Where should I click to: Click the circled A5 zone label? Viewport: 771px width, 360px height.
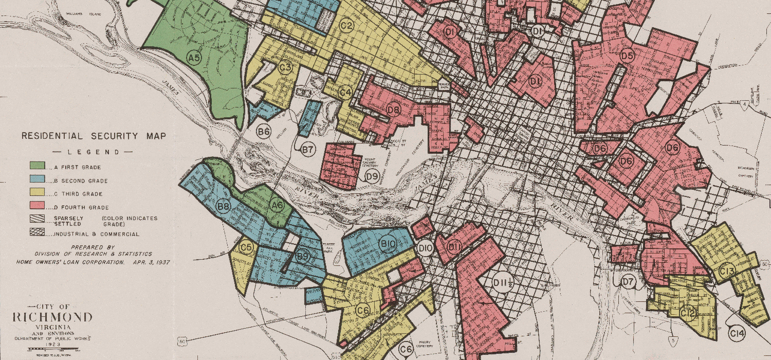(x=194, y=58)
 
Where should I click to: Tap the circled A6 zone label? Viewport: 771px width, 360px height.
(x=277, y=206)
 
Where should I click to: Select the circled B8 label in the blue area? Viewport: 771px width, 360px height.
(x=223, y=207)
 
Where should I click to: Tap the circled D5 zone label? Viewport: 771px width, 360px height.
(x=627, y=56)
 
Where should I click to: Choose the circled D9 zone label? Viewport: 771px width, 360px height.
(x=372, y=177)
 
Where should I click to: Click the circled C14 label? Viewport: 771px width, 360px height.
(x=737, y=334)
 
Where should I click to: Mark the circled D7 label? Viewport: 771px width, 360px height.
(x=628, y=281)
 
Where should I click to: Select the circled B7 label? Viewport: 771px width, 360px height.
(x=307, y=150)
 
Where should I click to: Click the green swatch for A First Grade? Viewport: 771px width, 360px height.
(x=38, y=167)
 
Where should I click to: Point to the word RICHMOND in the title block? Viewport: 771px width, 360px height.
(x=52, y=317)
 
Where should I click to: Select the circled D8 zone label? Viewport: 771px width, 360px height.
(x=394, y=110)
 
